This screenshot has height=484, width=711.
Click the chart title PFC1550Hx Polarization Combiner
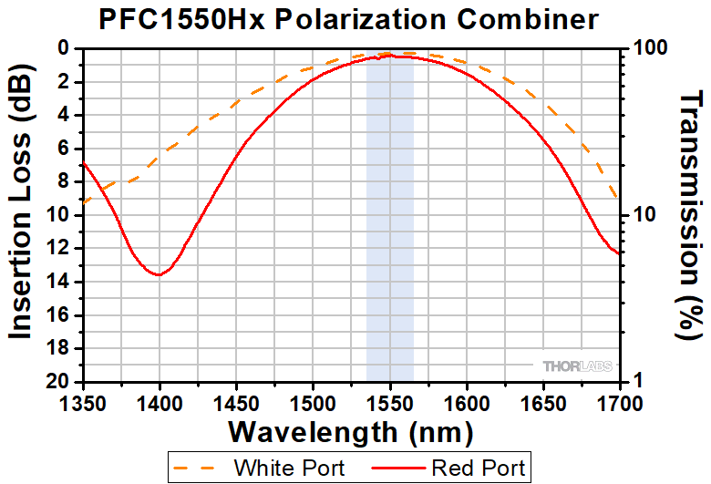point(355,18)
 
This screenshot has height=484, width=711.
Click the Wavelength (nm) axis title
point(351,429)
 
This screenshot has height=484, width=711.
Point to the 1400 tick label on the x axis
point(160,400)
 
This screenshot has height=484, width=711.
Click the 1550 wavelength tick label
point(390,400)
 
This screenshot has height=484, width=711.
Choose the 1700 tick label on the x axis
point(619,400)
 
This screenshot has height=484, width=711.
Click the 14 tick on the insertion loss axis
point(61,282)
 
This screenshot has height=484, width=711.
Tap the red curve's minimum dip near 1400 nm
point(160,273)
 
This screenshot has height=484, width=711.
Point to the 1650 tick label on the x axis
point(543,400)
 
